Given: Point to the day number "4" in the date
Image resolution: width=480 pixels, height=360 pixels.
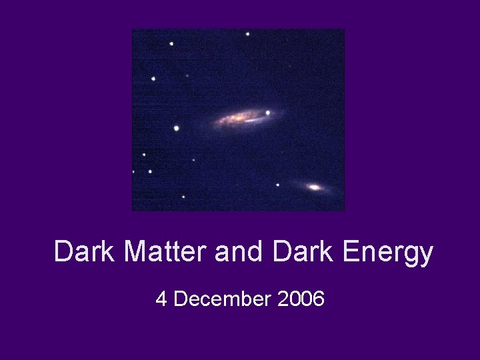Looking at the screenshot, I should click(x=161, y=299).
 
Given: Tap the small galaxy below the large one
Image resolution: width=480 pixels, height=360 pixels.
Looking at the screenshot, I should click(x=315, y=187).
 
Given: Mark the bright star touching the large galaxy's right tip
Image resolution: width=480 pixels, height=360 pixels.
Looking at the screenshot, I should click(x=268, y=113).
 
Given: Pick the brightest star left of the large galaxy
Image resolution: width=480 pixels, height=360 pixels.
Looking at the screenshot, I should click(x=177, y=128).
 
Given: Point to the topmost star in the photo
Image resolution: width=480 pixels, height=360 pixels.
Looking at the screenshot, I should click(x=247, y=33).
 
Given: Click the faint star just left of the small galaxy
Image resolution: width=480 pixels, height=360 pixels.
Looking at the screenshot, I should click(x=278, y=185).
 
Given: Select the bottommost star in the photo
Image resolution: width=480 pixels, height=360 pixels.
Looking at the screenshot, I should click(x=183, y=197).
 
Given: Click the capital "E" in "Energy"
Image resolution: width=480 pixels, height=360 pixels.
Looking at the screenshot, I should click(x=352, y=252).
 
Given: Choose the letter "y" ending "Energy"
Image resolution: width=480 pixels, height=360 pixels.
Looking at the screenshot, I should click(x=425, y=255).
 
